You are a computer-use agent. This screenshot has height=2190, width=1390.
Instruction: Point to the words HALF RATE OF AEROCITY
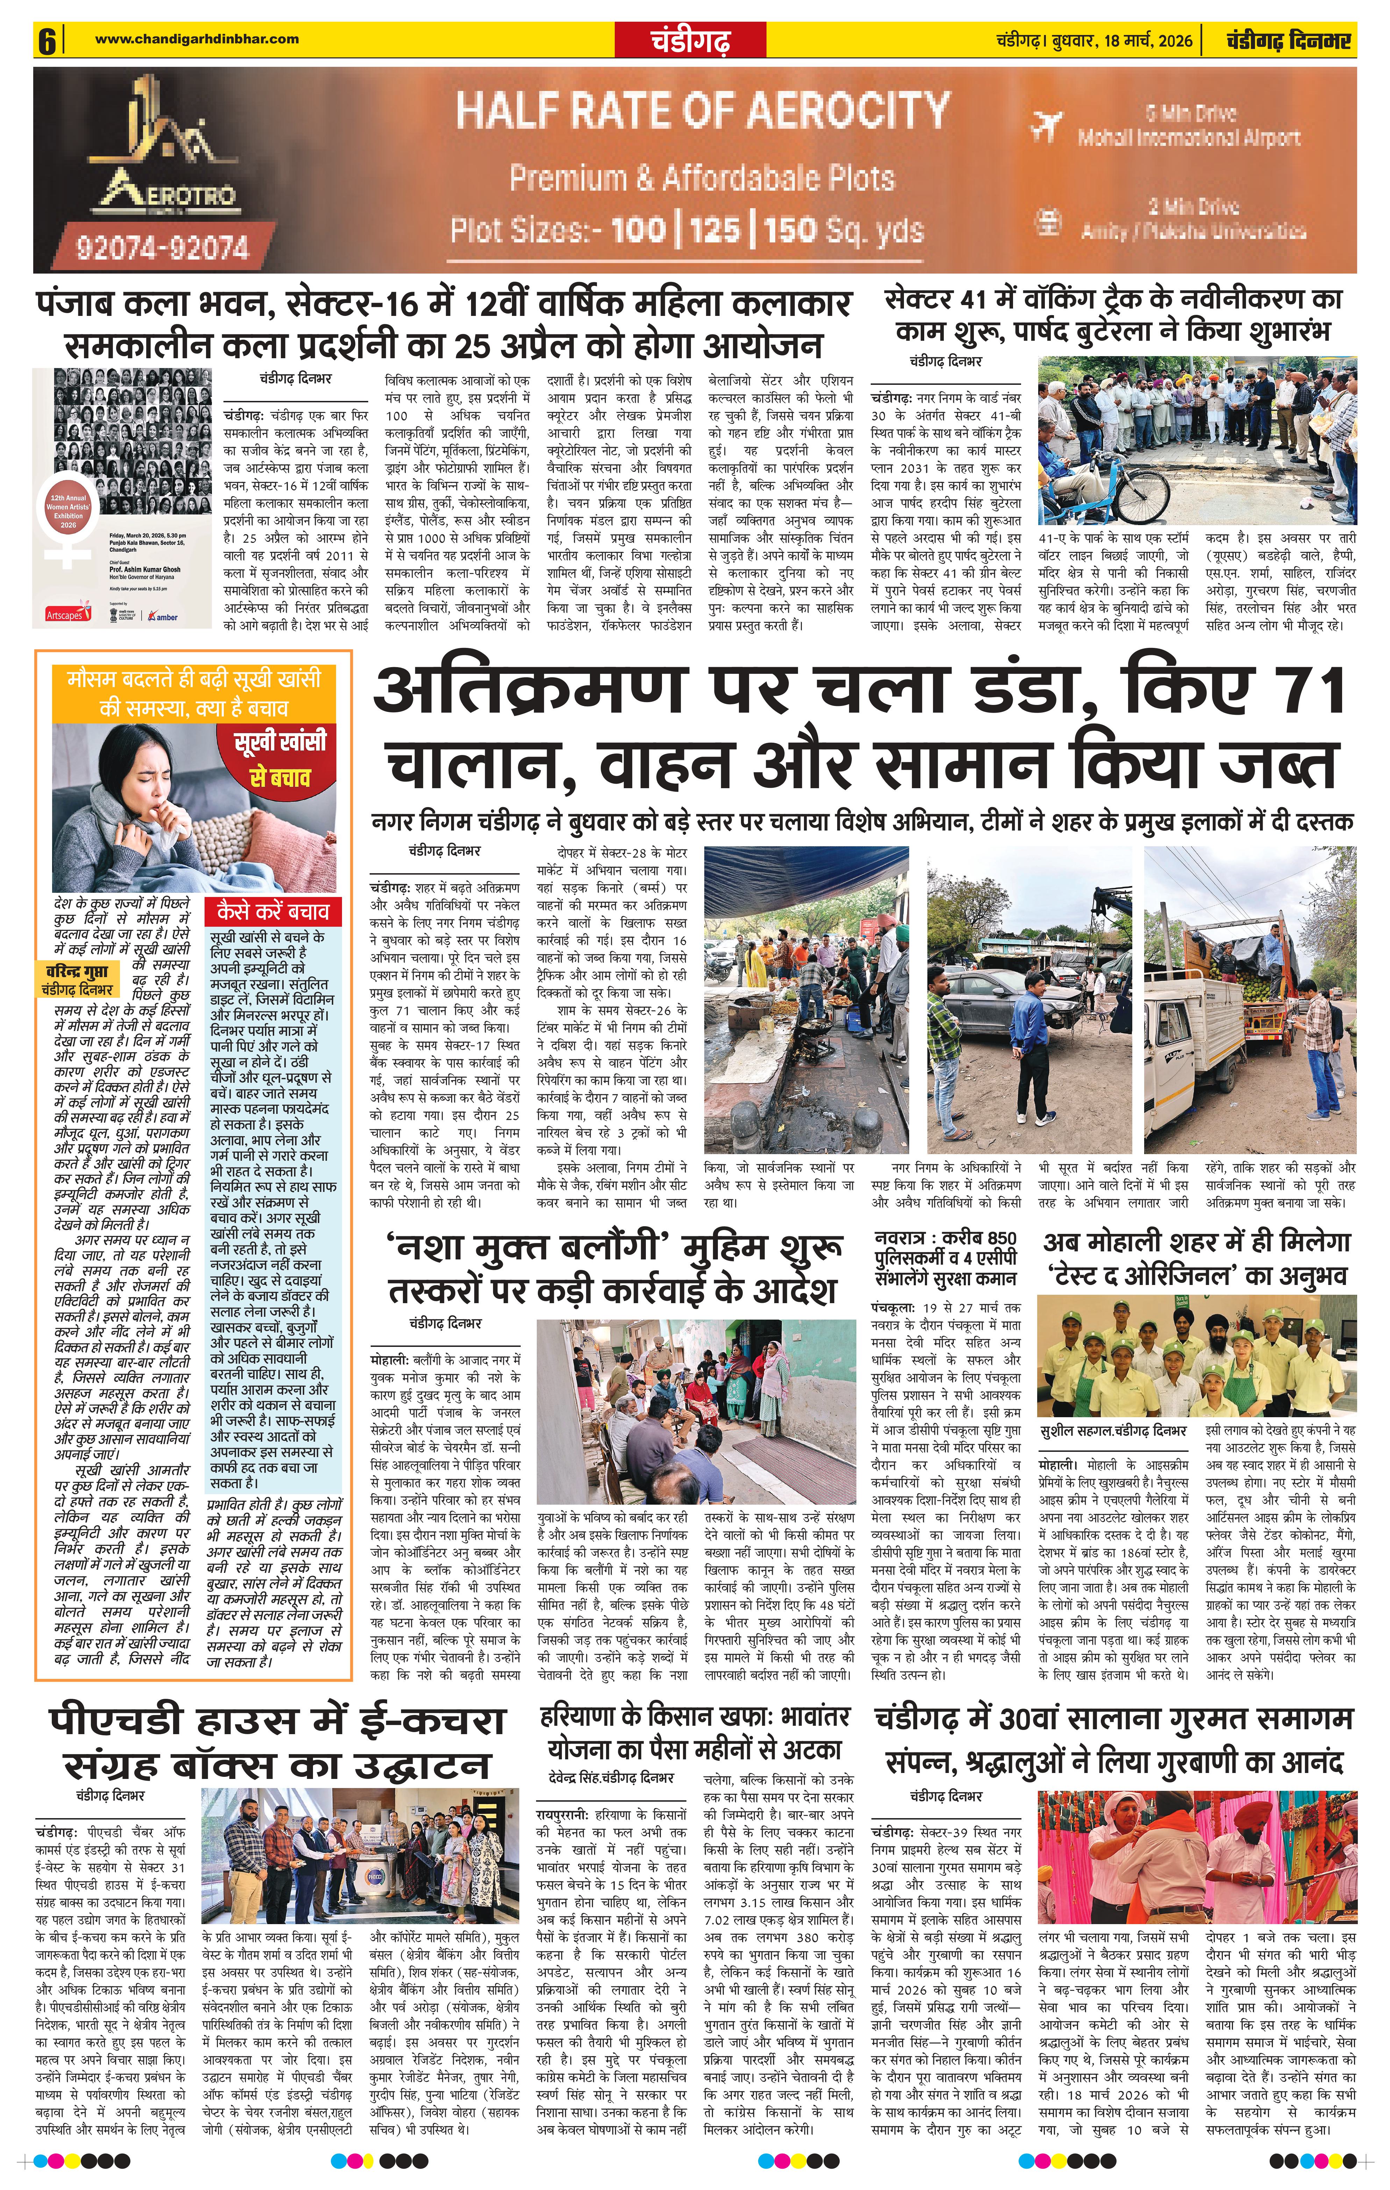[x=702, y=111]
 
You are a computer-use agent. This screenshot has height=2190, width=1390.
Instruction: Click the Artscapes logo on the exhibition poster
[x=64, y=616]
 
